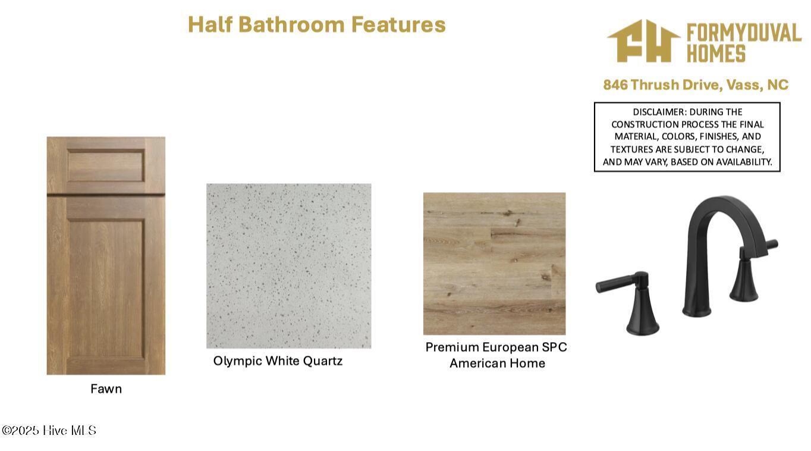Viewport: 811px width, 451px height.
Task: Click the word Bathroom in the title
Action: pyautogui.click(x=291, y=24)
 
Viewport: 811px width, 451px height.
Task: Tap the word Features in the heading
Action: pyautogui.click(x=398, y=24)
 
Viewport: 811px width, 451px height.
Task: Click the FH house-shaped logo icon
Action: pyautogui.click(x=643, y=41)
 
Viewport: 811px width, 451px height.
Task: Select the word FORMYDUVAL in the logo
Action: pyautogui.click(x=744, y=33)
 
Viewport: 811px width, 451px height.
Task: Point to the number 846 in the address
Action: pyautogui.click(x=615, y=84)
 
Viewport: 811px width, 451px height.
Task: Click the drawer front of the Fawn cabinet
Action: pyautogui.click(x=106, y=165)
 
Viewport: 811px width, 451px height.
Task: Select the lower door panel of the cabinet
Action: pyautogui.click(x=106, y=289)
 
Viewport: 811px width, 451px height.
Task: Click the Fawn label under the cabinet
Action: pyautogui.click(x=106, y=389)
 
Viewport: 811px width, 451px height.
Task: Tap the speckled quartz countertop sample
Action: pyautogui.click(x=288, y=266)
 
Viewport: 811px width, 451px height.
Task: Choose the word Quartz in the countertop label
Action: pyautogui.click(x=323, y=361)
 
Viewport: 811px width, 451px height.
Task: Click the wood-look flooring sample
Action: pyautogui.click(x=494, y=264)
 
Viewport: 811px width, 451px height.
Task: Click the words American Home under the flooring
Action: pyautogui.click(x=498, y=363)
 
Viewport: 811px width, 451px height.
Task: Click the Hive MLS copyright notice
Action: pyautogui.click(x=49, y=430)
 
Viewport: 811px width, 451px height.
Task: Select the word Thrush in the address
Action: pyautogui.click(x=655, y=84)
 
